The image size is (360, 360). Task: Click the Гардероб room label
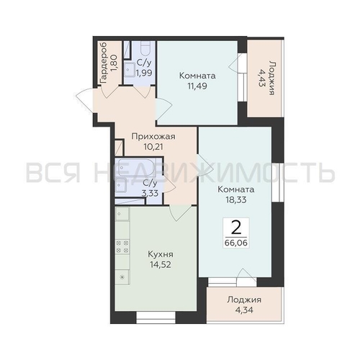click(x=104, y=63)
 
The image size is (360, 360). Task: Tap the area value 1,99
click(x=144, y=73)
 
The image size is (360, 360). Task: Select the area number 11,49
click(x=197, y=86)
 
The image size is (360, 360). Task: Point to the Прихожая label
click(x=153, y=137)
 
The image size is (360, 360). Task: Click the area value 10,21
click(x=153, y=146)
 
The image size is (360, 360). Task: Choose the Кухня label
click(x=161, y=254)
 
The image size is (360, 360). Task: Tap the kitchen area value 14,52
click(x=161, y=264)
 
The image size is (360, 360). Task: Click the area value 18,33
click(x=236, y=199)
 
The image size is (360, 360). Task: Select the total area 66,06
click(x=236, y=243)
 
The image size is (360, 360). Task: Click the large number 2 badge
click(x=236, y=228)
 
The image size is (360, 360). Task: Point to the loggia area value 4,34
click(x=244, y=310)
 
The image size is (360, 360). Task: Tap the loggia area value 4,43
click(x=261, y=78)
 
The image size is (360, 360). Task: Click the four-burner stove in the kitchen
click(x=122, y=247)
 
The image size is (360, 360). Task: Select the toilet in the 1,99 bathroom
click(x=145, y=49)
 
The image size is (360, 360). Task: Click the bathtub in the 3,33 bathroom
click(x=137, y=167)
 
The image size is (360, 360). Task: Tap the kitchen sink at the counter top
click(x=122, y=214)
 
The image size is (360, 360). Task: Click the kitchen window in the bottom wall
click(x=156, y=317)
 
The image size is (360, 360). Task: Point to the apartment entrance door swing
click(x=84, y=100)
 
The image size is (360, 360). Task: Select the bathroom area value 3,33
click(x=150, y=193)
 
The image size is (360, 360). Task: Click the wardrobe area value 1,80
click(x=114, y=63)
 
